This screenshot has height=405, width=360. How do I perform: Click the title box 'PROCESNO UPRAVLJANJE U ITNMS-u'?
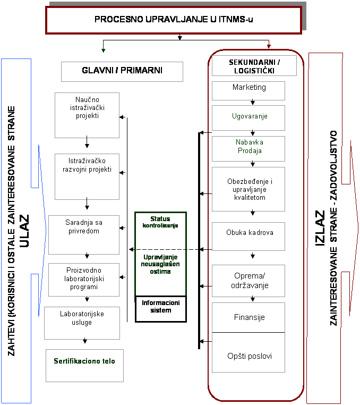click(x=174, y=20)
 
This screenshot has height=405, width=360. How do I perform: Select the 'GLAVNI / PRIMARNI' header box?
click(x=122, y=72)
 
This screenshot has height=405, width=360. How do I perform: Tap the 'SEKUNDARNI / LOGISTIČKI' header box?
click(x=254, y=65)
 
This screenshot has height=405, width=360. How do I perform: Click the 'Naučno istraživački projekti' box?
click(x=87, y=115)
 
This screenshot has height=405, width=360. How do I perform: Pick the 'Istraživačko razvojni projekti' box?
click(x=87, y=176)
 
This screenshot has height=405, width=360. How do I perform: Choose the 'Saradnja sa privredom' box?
click(x=84, y=235)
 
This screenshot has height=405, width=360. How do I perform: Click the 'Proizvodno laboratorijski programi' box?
click(x=84, y=280)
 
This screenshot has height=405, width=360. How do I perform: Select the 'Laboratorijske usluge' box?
click(x=82, y=323)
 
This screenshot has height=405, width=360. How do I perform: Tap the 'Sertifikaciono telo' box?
click(x=84, y=366)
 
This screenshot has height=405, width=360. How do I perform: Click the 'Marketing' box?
click(x=248, y=91)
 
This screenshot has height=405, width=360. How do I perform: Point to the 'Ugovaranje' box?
click(x=248, y=118)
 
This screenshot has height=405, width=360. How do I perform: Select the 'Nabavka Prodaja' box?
click(x=248, y=149)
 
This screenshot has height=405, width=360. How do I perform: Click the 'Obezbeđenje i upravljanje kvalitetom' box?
click(x=248, y=189)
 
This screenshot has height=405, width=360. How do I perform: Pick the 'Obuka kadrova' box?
click(x=248, y=237)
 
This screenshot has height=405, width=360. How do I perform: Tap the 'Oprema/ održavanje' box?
click(x=248, y=281)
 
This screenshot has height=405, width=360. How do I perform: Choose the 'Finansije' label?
click(x=249, y=317)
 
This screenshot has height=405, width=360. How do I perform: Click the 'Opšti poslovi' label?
click(x=250, y=356)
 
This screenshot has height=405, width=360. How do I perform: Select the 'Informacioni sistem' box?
click(x=161, y=309)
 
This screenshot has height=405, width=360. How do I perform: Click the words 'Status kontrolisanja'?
click(x=160, y=222)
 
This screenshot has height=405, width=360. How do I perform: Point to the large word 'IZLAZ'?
click(x=320, y=228)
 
